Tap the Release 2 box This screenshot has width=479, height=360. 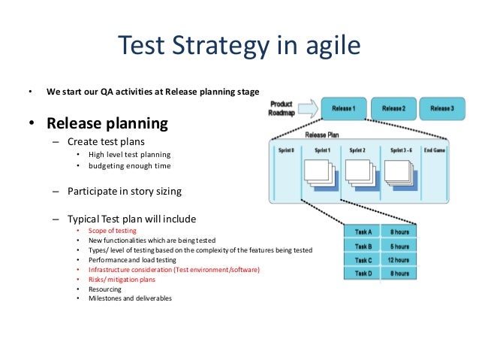393,109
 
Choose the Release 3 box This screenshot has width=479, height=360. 441,109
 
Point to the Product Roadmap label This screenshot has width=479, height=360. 282,108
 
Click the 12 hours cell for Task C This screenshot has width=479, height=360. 399,260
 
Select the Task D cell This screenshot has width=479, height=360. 363,274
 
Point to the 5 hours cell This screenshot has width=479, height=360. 399,246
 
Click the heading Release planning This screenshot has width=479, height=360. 107,123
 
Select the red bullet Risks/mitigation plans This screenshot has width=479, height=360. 122,279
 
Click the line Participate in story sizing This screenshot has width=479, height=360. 125,191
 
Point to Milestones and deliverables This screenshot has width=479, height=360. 130,298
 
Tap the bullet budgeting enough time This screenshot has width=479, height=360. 129,165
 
